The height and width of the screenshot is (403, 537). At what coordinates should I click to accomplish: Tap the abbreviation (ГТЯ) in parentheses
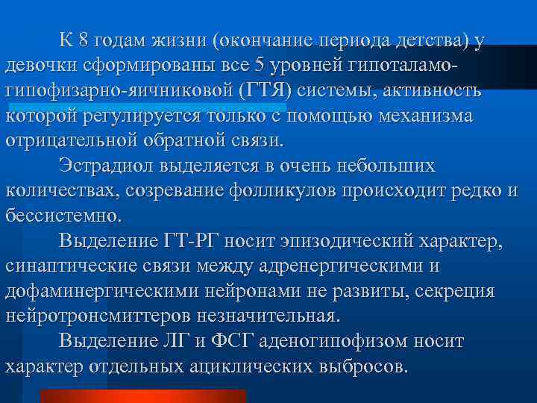click(x=265, y=90)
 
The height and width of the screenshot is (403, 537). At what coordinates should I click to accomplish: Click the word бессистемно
click(x=61, y=216)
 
